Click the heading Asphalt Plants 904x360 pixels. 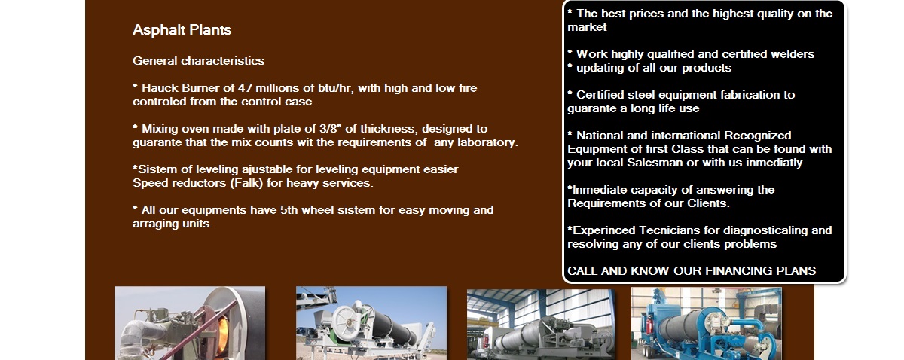182,30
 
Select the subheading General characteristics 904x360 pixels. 199,61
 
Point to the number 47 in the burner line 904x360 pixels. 245,88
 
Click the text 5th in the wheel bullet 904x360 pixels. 289,210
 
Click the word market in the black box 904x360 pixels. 587,27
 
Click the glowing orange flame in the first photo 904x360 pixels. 222,335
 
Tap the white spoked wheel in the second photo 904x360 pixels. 347,324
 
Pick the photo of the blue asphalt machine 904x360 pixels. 707,323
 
